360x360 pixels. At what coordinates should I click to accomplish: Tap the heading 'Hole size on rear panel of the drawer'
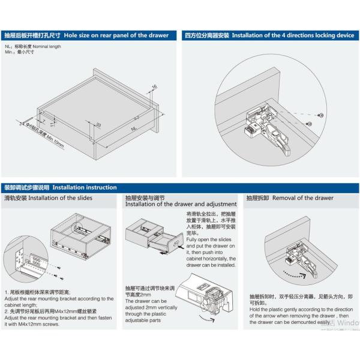116,35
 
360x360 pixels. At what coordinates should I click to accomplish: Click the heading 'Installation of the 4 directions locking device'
293,35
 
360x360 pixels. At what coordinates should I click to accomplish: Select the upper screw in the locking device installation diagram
322,115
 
